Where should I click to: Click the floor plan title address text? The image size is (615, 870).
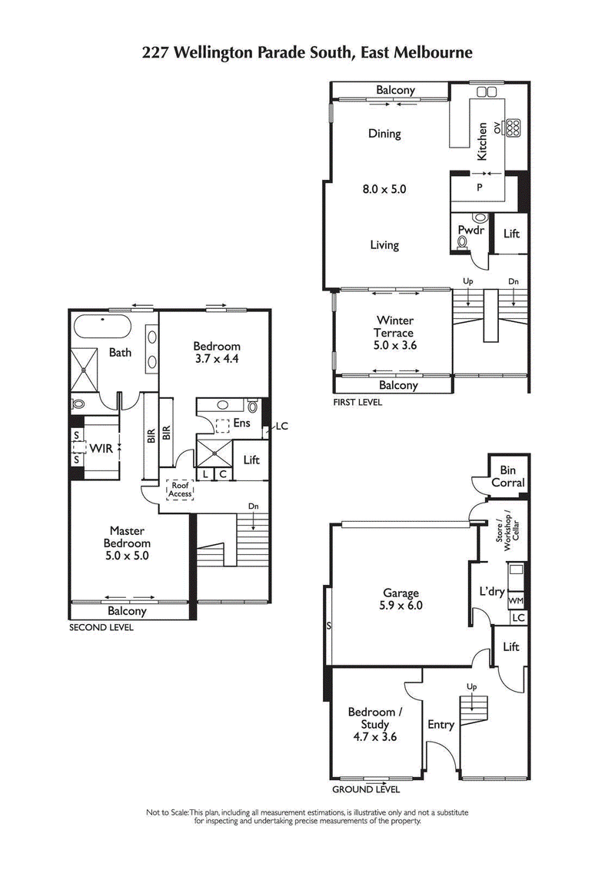click(307, 52)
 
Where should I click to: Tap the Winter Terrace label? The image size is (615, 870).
click(394, 333)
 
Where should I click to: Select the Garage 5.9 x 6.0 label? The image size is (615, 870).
click(401, 599)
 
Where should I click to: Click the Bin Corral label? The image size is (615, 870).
click(508, 477)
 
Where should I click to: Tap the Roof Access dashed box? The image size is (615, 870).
click(180, 490)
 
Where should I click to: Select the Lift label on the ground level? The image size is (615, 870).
click(510, 647)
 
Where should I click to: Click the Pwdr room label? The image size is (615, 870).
click(470, 229)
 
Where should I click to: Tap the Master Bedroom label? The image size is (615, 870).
click(129, 543)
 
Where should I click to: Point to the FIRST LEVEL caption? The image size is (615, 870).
click(357, 402)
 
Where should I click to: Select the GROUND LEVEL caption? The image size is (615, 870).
click(365, 789)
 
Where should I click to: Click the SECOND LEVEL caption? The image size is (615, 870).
click(101, 627)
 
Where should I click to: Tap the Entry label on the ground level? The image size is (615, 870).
click(440, 724)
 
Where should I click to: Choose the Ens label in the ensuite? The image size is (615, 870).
click(241, 422)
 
